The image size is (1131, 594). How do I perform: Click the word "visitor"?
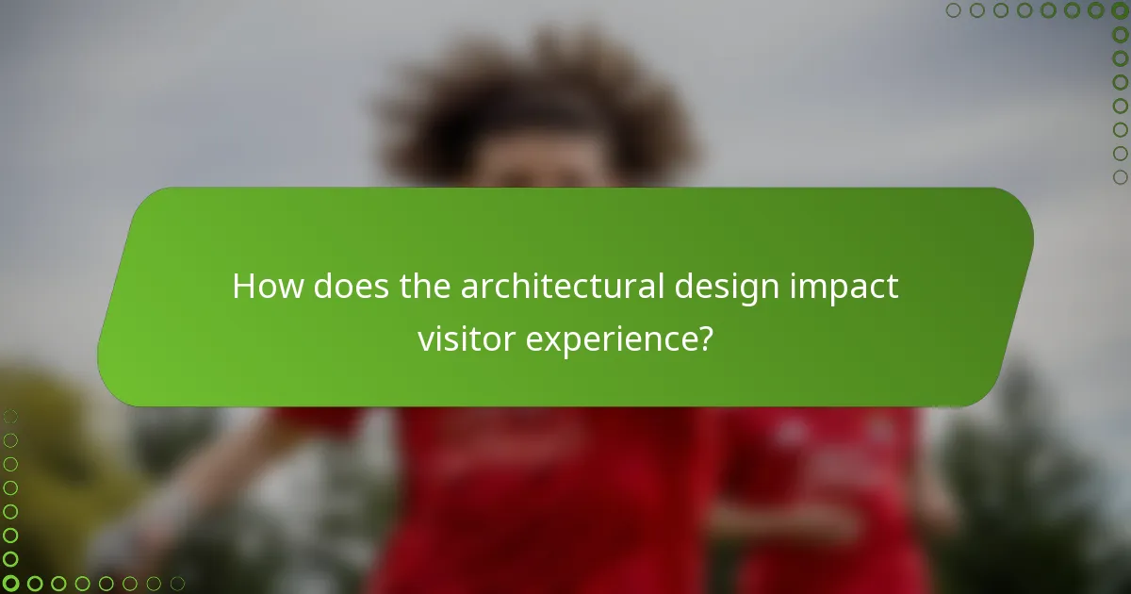pyautogui.click(x=466, y=338)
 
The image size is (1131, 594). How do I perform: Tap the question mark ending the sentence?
pyautogui.click(x=703, y=338)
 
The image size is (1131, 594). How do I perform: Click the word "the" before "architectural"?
pyautogui.click(x=425, y=287)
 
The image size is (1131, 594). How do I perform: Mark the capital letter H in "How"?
pyautogui.click(x=243, y=287)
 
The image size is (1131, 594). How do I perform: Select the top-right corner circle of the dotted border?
pyautogui.click(x=1120, y=10)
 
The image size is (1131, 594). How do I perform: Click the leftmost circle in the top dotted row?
pyautogui.click(x=953, y=10)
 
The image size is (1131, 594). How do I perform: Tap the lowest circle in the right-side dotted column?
pyautogui.click(x=1120, y=177)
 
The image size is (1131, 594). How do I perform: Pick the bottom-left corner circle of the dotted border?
pyautogui.click(x=10, y=584)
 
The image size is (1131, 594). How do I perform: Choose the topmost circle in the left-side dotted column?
pyautogui.click(x=10, y=417)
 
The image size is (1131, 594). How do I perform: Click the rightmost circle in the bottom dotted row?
pyautogui.click(x=177, y=584)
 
